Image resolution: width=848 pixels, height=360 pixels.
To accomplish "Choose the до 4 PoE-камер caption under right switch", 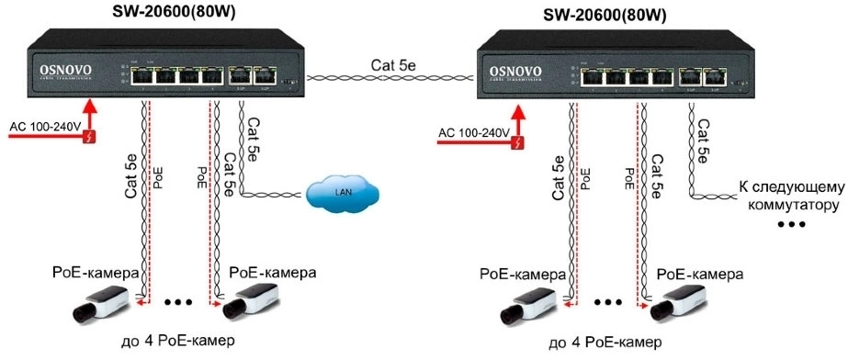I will (604, 343).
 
